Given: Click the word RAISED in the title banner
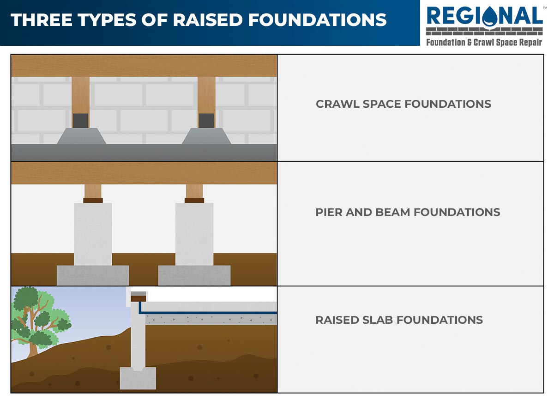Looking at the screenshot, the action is click(x=208, y=20).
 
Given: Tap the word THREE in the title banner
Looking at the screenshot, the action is click(x=41, y=20).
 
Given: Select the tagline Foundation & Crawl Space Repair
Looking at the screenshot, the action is click(x=484, y=43).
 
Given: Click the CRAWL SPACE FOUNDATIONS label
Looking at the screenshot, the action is click(x=403, y=104).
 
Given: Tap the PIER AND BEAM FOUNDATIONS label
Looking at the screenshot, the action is click(x=408, y=212).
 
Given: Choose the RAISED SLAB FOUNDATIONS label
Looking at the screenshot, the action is click(x=399, y=320).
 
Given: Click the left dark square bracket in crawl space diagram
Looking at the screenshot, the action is click(x=81, y=121).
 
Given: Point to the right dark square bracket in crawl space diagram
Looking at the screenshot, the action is click(x=206, y=121).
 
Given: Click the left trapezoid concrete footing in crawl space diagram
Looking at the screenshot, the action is click(x=81, y=136).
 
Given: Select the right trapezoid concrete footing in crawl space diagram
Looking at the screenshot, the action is click(x=206, y=136).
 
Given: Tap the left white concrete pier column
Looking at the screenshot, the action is click(x=93, y=234).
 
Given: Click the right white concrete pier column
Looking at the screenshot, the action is click(x=194, y=234).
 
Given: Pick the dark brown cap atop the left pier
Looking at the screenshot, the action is click(x=93, y=201).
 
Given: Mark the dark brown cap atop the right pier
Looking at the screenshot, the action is click(x=194, y=201).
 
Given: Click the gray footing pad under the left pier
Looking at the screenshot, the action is click(x=93, y=275).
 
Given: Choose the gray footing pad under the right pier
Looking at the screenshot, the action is click(x=194, y=275).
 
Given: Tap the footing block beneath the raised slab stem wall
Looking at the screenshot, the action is click(x=138, y=378).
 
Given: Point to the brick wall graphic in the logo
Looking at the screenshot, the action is click(x=484, y=31).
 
